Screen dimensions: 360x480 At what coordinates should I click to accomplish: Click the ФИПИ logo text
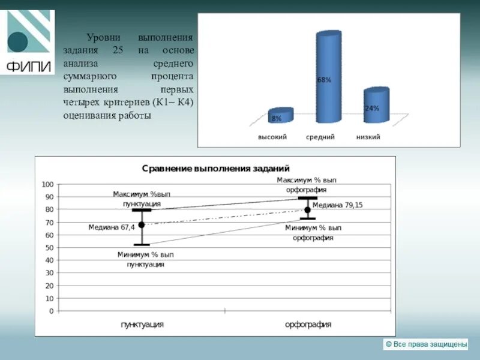(28, 65)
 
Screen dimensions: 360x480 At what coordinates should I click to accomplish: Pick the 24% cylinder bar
(376, 106)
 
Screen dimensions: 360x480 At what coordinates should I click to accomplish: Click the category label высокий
(272, 137)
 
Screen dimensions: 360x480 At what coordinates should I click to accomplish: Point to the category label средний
(320, 137)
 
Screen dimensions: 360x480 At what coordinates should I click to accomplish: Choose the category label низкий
(368, 137)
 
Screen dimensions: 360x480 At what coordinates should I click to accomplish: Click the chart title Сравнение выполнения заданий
(215, 169)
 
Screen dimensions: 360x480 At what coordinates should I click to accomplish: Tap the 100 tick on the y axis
(47, 184)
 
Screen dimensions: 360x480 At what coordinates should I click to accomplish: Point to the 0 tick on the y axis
(51, 311)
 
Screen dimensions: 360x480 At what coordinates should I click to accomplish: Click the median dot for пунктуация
(142, 225)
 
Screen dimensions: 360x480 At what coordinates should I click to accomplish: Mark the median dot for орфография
(307, 210)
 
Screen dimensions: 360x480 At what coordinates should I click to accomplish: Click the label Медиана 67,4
(112, 227)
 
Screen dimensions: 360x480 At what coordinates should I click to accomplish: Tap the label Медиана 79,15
(338, 205)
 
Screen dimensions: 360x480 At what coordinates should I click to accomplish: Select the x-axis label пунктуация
(142, 324)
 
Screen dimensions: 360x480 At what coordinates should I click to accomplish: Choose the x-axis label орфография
(308, 324)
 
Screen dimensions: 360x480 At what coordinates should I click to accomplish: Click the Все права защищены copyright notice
(425, 344)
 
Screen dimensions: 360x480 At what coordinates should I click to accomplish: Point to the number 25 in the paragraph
(117, 50)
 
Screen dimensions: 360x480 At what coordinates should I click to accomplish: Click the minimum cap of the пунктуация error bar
(142, 245)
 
